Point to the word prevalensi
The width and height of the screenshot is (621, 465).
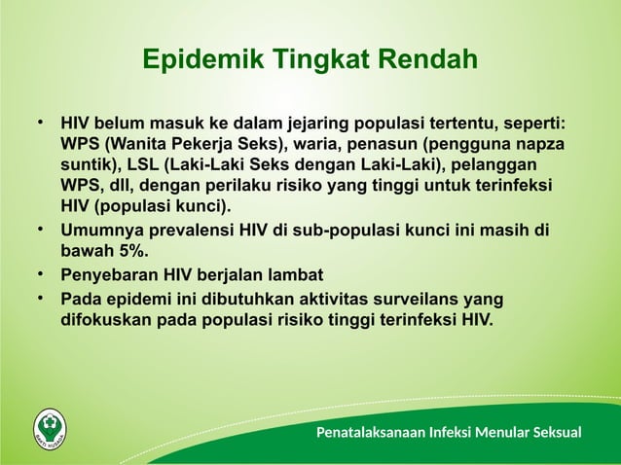(198, 231)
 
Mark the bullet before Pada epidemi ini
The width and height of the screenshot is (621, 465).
(42, 298)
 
